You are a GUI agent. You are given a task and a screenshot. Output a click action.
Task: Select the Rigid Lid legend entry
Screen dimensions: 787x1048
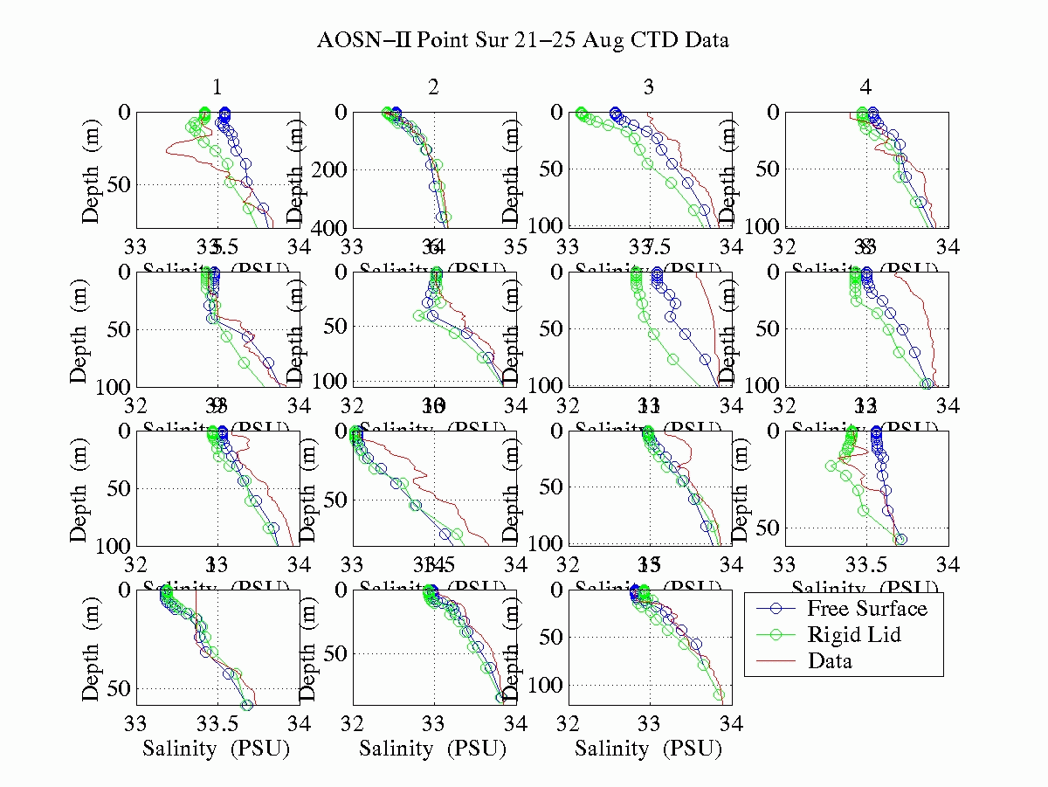coord(853,634)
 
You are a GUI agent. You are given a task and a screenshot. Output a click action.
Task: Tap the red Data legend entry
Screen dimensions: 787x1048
coord(830,660)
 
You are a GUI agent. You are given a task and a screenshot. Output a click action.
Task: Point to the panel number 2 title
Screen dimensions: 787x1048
coord(433,86)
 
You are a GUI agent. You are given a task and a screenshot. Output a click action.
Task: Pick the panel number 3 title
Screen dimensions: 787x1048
coord(649,86)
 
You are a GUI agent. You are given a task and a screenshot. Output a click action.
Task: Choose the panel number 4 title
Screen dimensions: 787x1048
coord(865,86)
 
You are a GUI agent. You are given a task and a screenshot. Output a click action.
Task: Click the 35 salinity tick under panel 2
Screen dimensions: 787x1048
coord(516,247)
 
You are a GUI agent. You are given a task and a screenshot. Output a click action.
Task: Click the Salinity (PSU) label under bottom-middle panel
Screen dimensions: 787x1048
coord(433,749)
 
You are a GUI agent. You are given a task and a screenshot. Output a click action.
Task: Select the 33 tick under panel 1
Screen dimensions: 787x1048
coord(136,247)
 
